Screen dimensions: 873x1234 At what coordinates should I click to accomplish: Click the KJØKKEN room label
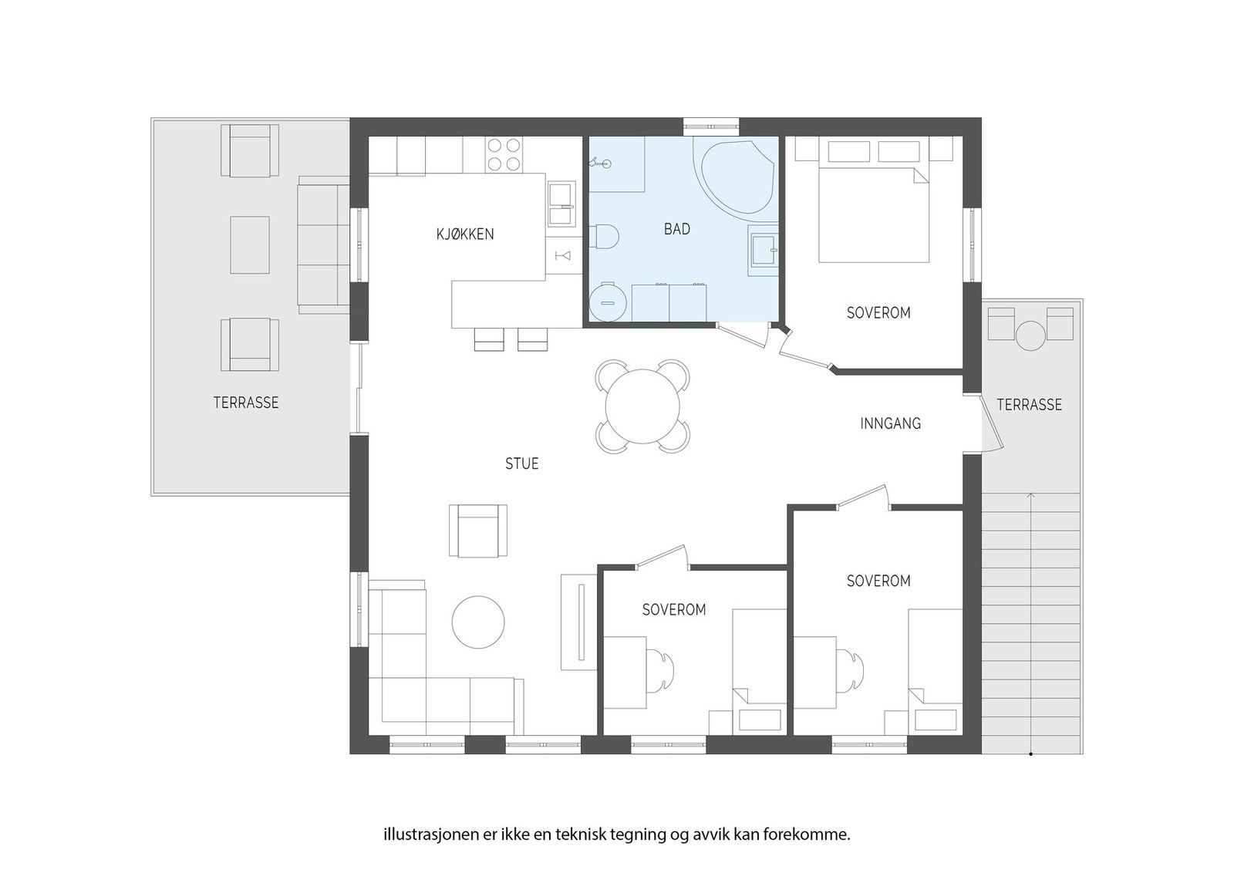coord(465,234)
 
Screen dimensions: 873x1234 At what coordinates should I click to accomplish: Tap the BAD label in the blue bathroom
coord(676,229)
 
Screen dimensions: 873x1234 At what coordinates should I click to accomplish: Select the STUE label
coord(521,463)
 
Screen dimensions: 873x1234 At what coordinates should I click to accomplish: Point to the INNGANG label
coord(890,423)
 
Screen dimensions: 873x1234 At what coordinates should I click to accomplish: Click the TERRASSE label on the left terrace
coord(246,403)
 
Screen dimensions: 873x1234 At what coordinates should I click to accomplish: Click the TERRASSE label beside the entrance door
coord(1029,405)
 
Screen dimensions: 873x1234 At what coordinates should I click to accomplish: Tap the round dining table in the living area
coord(642,406)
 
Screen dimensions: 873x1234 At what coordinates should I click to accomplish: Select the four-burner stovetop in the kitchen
coord(504,153)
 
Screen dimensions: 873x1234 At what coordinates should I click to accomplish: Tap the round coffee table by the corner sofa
coord(478,622)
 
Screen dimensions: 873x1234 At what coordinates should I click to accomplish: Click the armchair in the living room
coord(478,531)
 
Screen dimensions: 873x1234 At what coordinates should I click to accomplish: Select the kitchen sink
coord(561,204)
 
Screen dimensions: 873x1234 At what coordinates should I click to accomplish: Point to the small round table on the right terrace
coord(1030,336)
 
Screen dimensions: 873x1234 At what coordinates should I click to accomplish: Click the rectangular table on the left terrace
coord(250,244)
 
